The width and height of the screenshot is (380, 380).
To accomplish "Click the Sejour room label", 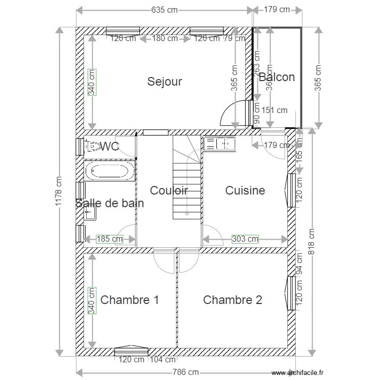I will pyautogui.click(x=164, y=82).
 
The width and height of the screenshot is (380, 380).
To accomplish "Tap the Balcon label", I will pyautogui.click(x=277, y=77).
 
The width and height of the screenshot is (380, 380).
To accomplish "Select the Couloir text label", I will pyautogui.click(x=169, y=191).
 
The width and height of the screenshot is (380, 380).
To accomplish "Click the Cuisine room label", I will pyautogui.click(x=245, y=191).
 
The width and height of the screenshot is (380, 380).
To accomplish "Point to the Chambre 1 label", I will pyautogui.click(x=130, y=299).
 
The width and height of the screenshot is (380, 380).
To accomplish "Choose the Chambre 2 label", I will pyautogui.click(x=233, y=299).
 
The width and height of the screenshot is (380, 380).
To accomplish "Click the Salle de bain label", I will pyautogui.click(x=110, y=203).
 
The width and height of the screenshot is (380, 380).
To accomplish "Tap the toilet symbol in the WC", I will pyautogui.click(x=93, y=147).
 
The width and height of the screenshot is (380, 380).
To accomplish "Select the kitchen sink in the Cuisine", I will pyautogui.click(x=220, y=144).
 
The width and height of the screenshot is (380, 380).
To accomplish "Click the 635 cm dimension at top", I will pyautogui.click(x=164, y=9).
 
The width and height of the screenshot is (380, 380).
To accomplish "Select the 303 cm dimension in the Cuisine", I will pyautogui.click(x=245, y=239).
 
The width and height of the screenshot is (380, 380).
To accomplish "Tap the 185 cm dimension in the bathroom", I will pyautogui.click(x=110, y=239).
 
